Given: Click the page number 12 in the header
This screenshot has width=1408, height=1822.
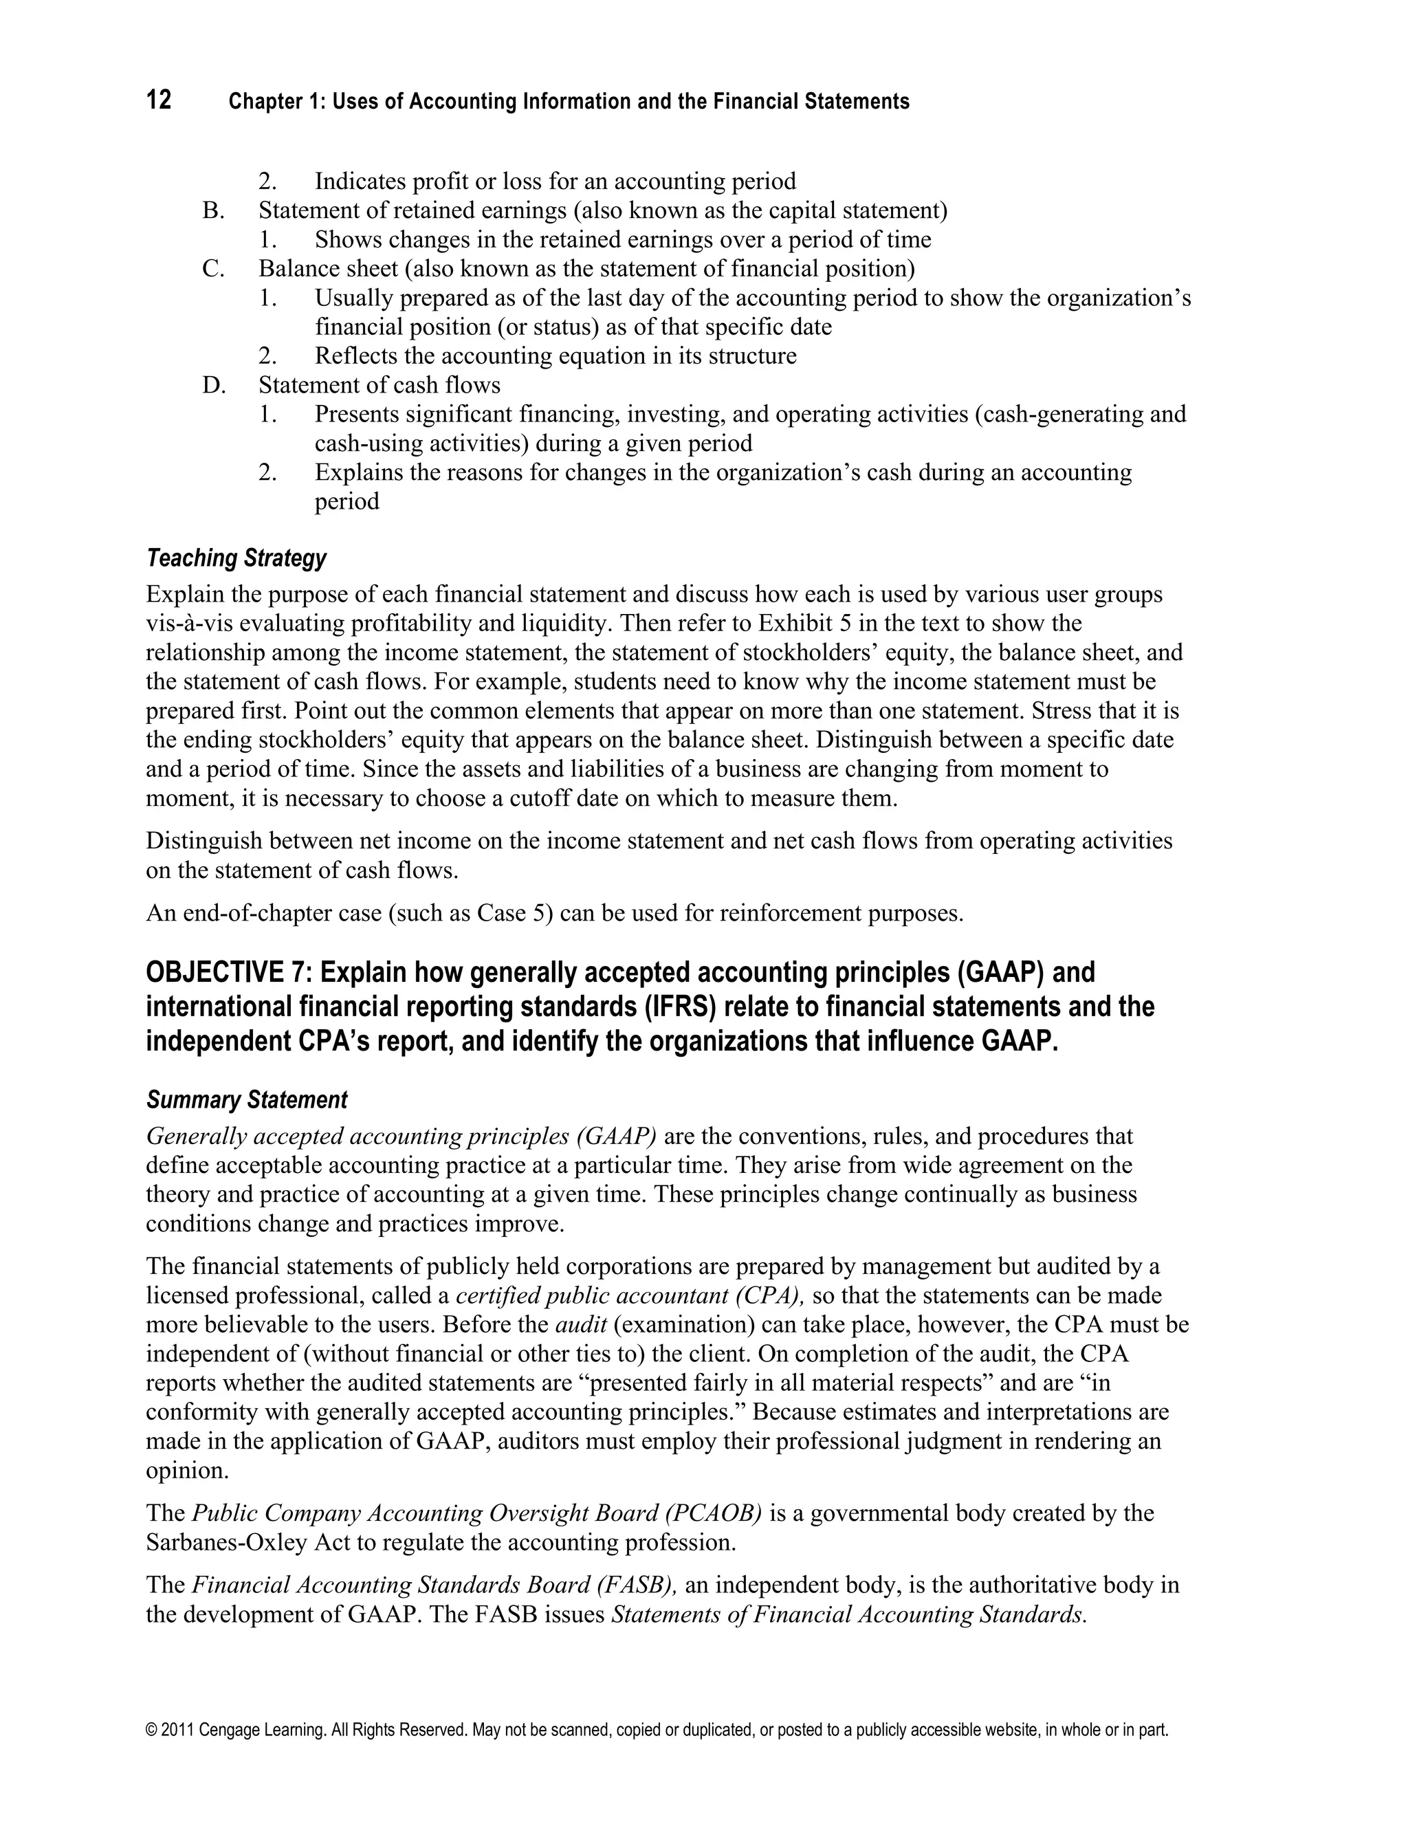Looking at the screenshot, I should click(159, 100).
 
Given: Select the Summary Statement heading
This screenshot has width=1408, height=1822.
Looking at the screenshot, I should click(246, 1099).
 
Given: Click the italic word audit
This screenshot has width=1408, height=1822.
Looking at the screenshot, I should click(580, 1324).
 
